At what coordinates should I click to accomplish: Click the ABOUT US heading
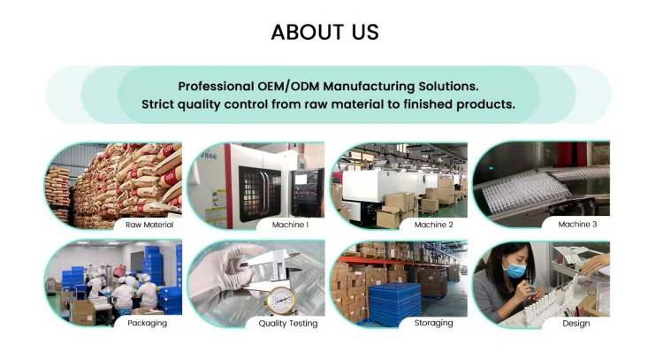pos(324,33)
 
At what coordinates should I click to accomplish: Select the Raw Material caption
pos(149,225)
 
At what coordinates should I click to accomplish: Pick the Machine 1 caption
pos(289,225)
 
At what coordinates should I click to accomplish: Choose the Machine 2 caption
pos(433,225)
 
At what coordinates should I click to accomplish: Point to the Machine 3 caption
pos(577,225)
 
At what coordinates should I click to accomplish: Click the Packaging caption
pos(147,323)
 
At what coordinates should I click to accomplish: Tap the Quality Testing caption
pos(288,323)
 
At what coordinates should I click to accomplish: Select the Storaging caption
pos(433,323)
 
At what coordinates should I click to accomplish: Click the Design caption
pos(576,323)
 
